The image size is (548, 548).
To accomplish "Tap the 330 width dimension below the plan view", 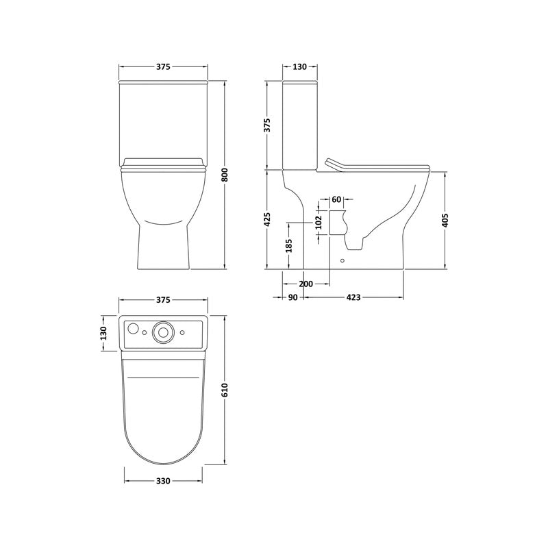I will (163, 481).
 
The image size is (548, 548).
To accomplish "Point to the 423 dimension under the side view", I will (353, 297).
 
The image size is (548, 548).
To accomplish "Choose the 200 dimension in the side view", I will (306, 284).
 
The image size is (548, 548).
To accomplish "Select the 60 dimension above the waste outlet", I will (336, 199).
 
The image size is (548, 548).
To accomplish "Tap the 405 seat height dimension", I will (445, 220).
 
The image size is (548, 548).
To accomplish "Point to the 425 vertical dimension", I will (268, 219).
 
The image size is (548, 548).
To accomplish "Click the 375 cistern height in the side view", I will (268, 125).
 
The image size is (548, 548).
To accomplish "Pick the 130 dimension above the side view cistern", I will (300, 67).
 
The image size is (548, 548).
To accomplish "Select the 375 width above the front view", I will (163, 67).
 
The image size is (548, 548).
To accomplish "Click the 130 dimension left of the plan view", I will (103, 333).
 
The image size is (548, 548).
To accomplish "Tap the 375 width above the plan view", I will (163, 300).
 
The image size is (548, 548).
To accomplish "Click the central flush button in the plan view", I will (163, 332).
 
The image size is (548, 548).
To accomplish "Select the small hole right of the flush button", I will (183, 333).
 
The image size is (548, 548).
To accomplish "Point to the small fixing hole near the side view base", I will (343, 260).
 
